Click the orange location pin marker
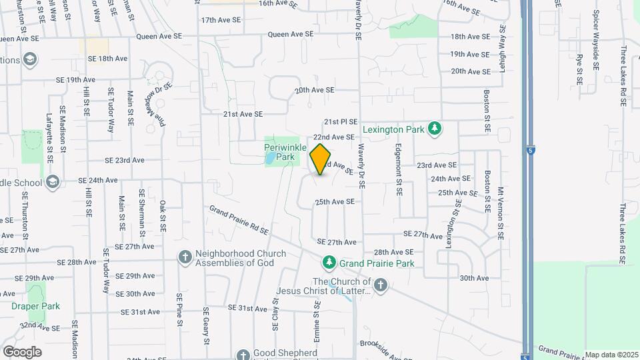coord(321,159)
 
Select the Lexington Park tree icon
coord(435,128)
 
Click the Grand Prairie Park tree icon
coord(328,263)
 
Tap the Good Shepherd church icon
coord(243,354)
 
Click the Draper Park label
coord(35,307)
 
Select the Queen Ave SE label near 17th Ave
coord(291,34)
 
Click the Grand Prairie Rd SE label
coord(238,221)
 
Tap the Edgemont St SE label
coord(399,170)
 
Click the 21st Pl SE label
coord(341,122)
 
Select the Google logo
coord(22,351)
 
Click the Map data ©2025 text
coord(611,355)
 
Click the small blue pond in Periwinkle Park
coord(269,159)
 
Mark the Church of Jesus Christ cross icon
coord(380,286)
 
